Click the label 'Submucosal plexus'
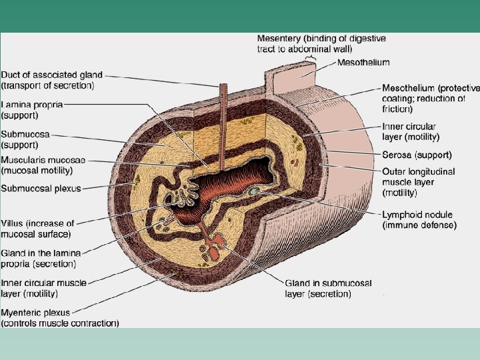tap(41, 189)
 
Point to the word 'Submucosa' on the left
tap(25, 134)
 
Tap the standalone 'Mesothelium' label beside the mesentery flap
tap(364, 63)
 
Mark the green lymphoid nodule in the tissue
tap(254, 192)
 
